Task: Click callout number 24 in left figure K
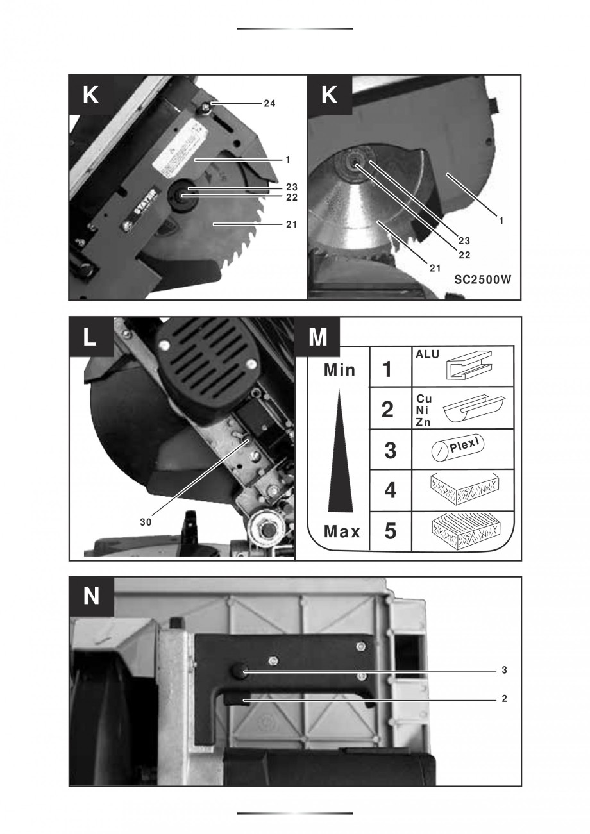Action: coord(270,103)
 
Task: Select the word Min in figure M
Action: coord(339,371)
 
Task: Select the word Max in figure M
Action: coord(341,531)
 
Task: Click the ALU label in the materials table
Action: coord(426,354)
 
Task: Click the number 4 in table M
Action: coord(389,491)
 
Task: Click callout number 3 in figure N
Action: coord(505,671)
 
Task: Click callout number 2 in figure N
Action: coord(505,699)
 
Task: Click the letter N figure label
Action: coord(91,596)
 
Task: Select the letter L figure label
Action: coord(90,337)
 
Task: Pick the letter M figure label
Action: coord(317,337)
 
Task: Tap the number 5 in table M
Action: coord(389,531)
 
